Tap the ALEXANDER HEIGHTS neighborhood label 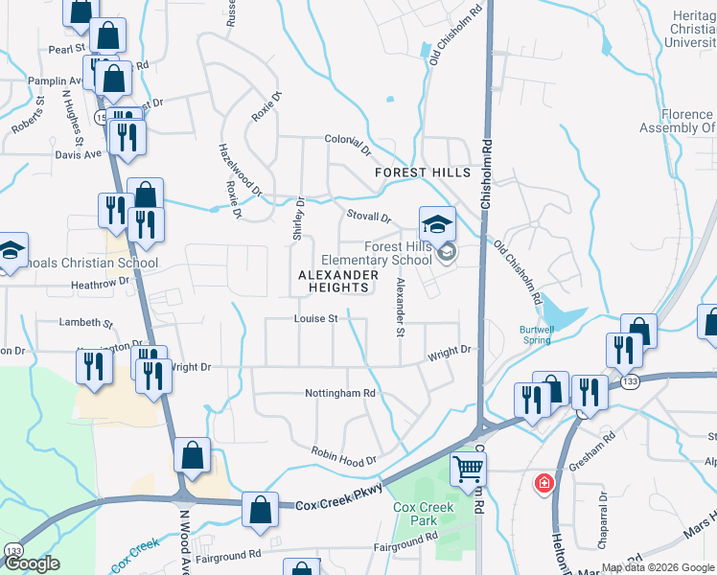pyautogui.click(x=333, y=281)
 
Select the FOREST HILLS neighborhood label pyautogui.click(x=423, y=172)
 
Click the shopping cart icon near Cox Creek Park pyautogui.click(x=469, y=470)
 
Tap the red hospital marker pyautogui.click(x=544, y=482)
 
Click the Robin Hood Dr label pyautogui.click(x=344, y=457)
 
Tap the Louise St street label pyautogui.click(x=316, y=318)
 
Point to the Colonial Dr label pyautogui.click(x=347, y=144)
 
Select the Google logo pyautogui.click(x=32, y=563)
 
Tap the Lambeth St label pyautogui.click(x=86, y=323)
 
